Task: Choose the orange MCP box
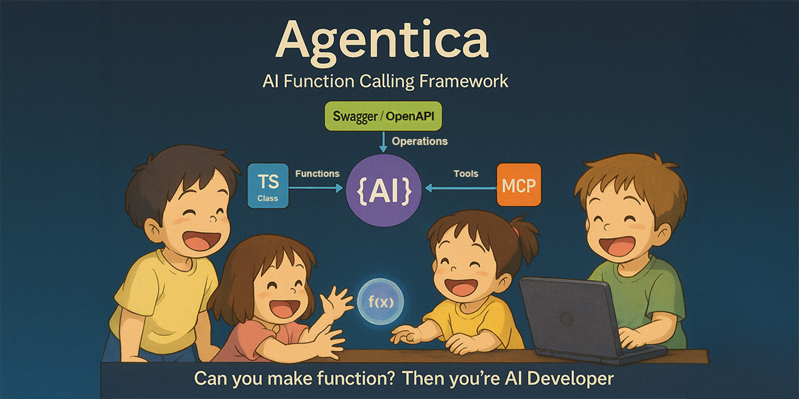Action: click(x=519, y=185)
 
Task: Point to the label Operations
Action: click(x=419, y=141)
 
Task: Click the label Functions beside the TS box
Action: click(x=317, y=174)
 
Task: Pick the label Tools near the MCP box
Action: click(x=466, y=174)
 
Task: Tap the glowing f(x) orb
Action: click(x=381, y=301)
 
